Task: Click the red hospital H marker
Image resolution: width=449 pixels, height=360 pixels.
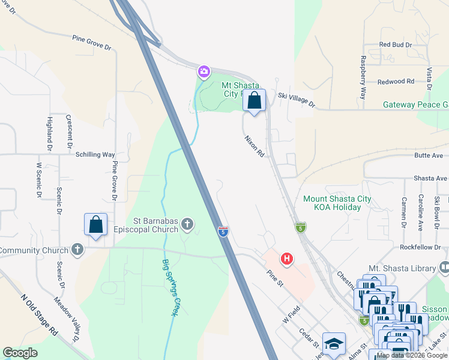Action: click(288, 259)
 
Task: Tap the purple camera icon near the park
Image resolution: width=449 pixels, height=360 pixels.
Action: click(204, 72)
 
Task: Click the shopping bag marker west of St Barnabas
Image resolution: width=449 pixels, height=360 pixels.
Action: click(95, 225)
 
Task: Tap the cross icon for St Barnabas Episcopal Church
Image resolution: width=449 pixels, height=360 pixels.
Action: click(187, 225)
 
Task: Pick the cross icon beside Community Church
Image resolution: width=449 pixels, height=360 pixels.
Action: click(77, 250)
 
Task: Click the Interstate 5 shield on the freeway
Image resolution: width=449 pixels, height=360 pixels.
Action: click(223, 230)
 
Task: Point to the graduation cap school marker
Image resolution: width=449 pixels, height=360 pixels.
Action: click(334, 344)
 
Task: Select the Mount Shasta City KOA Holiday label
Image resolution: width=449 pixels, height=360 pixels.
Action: click(337, 203)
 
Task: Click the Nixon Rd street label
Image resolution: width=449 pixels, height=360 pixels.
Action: click(254, 145)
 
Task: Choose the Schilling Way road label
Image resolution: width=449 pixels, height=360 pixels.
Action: click(95, 154)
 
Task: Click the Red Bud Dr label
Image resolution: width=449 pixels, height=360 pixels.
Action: click(396, 45)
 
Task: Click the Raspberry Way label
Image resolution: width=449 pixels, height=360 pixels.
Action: click(363, 77)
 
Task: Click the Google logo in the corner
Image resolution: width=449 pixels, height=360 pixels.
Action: click(20, 353)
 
